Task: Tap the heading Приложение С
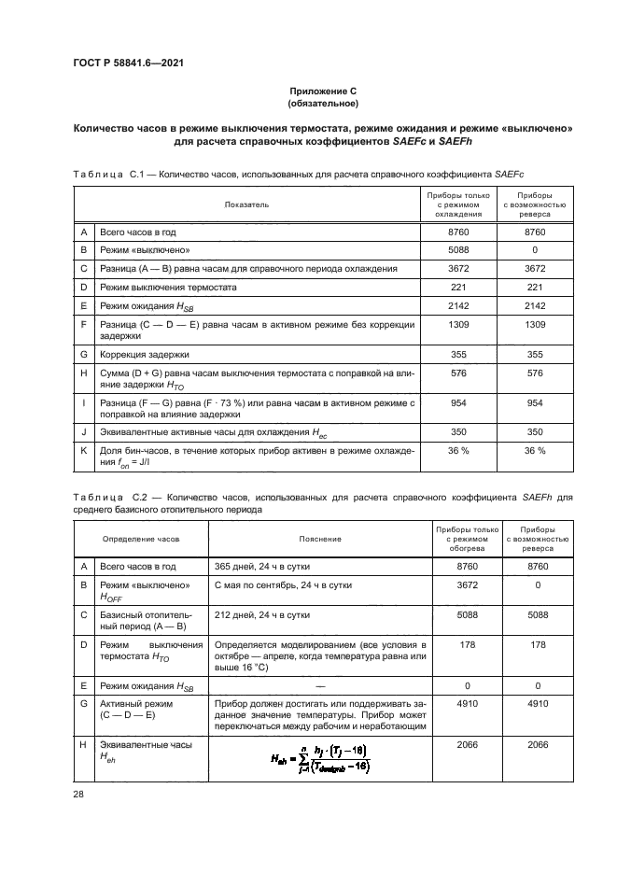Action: (x=322, y=91)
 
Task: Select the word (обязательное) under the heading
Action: (x=322, y=104)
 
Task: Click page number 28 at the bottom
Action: (x=78, y=793)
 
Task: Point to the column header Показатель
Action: (x=247, y=203)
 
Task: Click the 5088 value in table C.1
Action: (x=457, y=249)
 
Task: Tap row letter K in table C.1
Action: (x=85, y=450)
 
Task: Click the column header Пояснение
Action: (x=320, y=539)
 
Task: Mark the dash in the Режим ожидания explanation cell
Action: (x=320, y=686)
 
